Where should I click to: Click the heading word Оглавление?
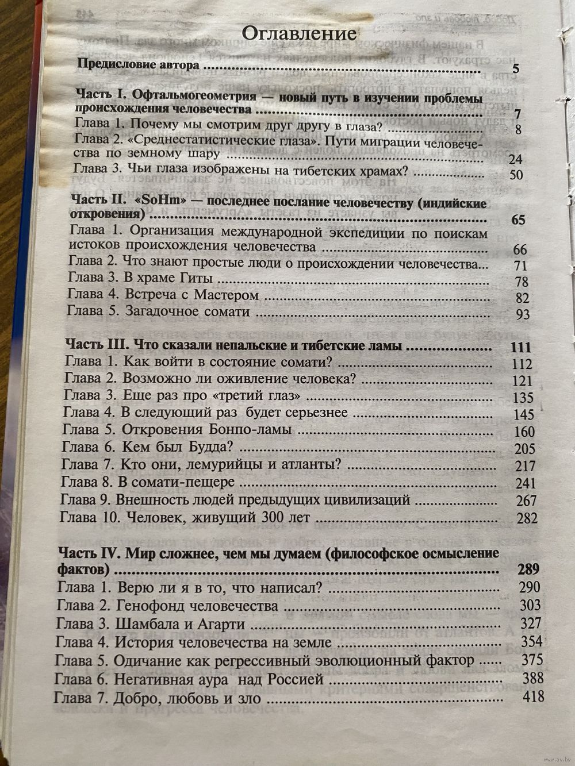[x=298, y=33]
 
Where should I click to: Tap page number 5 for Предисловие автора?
[x=515, y=70]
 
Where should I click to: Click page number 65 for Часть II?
[x=517, y=221]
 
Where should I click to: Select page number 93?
[x=522, y=315]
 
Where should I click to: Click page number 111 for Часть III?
[x=520, y=348]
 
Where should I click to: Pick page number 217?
[x=525, y=466]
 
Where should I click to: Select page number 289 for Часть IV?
[x=527, y=569]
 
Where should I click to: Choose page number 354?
[x=531, y=642]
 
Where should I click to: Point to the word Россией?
[x=300, y=680]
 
